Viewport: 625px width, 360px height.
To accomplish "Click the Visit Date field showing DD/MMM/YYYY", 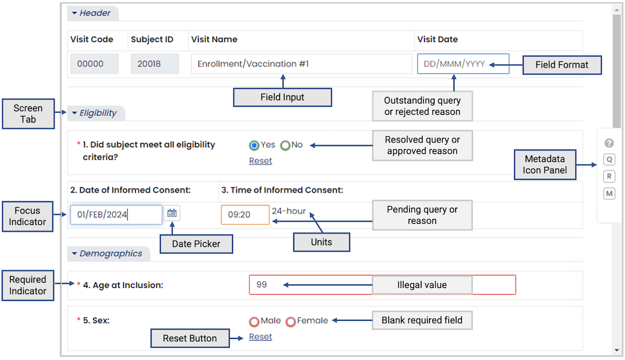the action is tap(463, 64).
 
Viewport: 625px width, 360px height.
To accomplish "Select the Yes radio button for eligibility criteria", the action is tap(254, 145).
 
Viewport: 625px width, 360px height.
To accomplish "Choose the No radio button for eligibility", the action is tap(285, 145).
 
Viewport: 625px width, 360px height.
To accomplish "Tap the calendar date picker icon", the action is tap(172, 213).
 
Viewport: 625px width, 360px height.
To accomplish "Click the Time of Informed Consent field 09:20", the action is tap(245, 215).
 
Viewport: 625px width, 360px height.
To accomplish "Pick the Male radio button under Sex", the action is tap(254, 321).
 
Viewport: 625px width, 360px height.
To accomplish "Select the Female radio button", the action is tap(290, 321).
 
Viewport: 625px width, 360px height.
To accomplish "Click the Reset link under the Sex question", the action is tap(260, 337).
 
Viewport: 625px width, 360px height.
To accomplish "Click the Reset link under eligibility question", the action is tap(260, 161).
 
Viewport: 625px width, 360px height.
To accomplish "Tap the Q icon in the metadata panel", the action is tap(609, 160).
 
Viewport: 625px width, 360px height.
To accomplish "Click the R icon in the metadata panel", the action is tap(609, 177).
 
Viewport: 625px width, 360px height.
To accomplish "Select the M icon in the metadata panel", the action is tap(609, 194).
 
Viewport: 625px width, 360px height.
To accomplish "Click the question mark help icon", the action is tap(609, 143).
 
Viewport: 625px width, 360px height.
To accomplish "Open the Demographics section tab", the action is tap(109, 254).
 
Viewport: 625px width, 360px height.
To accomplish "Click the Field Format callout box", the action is tap(562, 65).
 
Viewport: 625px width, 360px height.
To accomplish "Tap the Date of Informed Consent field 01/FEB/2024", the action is tap(116, 215).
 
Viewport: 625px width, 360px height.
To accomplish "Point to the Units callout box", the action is tap(322, 242).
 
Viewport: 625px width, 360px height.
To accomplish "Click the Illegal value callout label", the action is tap(422, 285).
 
